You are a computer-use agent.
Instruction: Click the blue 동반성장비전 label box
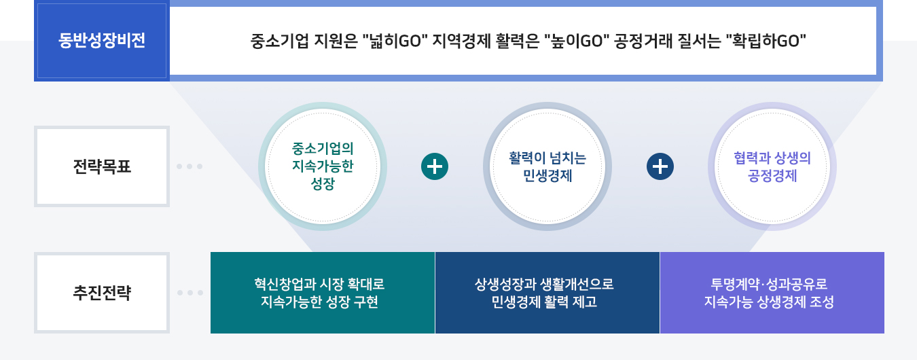tap(102, 41)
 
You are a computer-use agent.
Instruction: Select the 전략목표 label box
tap(102, 166)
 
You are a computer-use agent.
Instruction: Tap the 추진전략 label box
tap(102, 293)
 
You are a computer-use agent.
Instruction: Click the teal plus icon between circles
tap(435, 166)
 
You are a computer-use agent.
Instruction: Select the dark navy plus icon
tap(660, 166)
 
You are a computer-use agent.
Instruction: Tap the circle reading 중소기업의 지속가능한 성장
tap(323, 166)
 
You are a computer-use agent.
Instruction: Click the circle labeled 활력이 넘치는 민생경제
tap(547, 166)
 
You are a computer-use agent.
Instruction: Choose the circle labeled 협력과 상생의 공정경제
tap(772, 166)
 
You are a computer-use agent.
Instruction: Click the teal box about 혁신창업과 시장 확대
tap(323, 293)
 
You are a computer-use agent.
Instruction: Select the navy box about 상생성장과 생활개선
tap(547, 293)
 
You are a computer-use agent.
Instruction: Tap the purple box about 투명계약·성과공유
tap(772, 293)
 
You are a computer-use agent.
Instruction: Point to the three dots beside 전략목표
tap(190, 166)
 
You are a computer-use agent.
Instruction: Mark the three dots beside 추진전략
tap(190, 293)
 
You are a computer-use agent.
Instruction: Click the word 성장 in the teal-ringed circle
tap(323, 184)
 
